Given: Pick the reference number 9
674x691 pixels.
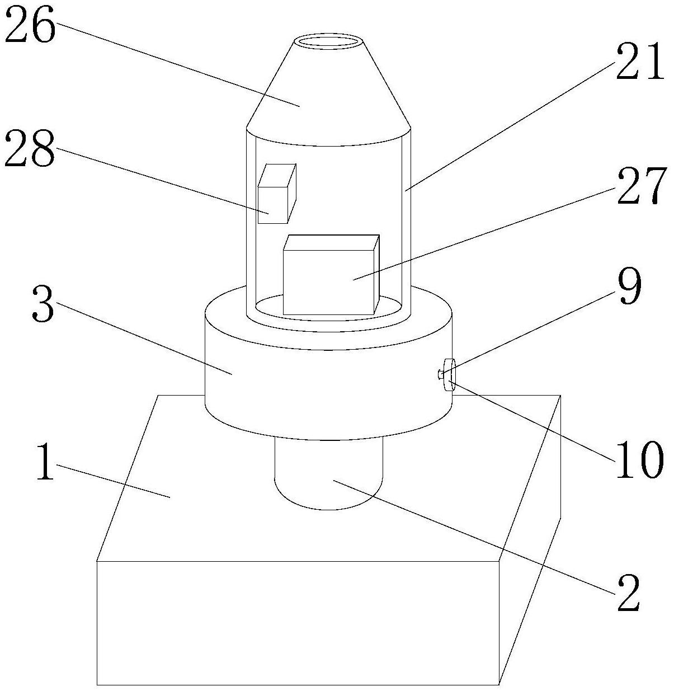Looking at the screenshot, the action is [x=629, y=286].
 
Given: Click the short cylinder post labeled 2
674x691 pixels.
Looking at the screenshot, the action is [x=329, y=476].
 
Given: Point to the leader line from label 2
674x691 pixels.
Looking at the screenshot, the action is [x=475, y=534].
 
